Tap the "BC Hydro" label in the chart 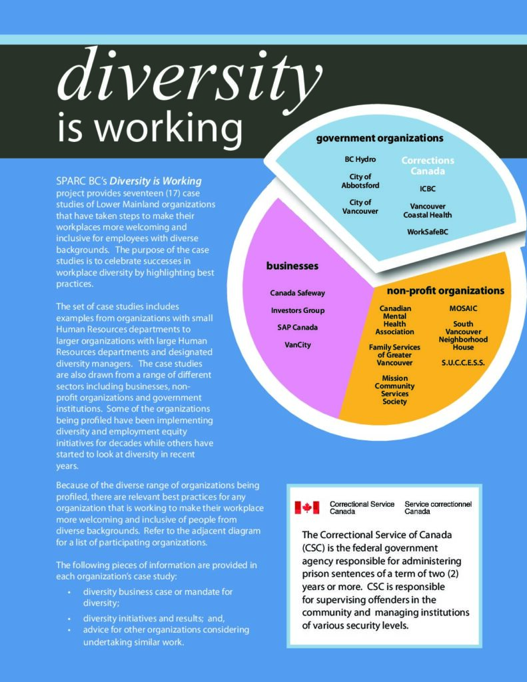tap(360, 160)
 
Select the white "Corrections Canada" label tap(427, 165)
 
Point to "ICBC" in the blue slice tap(427, 188)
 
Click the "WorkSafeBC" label tap(427, 232)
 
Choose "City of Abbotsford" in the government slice tap(360, 181)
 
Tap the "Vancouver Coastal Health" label tap(427, 210)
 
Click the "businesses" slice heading tap(292, 266)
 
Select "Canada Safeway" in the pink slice tap(297, 293)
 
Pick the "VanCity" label tap(297, 344)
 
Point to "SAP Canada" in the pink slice tap(297, 327)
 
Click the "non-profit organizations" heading tap(445, 291)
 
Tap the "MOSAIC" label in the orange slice tap(463, 309)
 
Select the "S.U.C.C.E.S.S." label tap(463, 363)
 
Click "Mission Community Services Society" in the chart tap(394, 390)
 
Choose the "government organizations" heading tap(379, 139)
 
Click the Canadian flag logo tap(307, 508)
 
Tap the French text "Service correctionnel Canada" tap(438, 508)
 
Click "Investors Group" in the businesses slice tap(297, 310)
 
